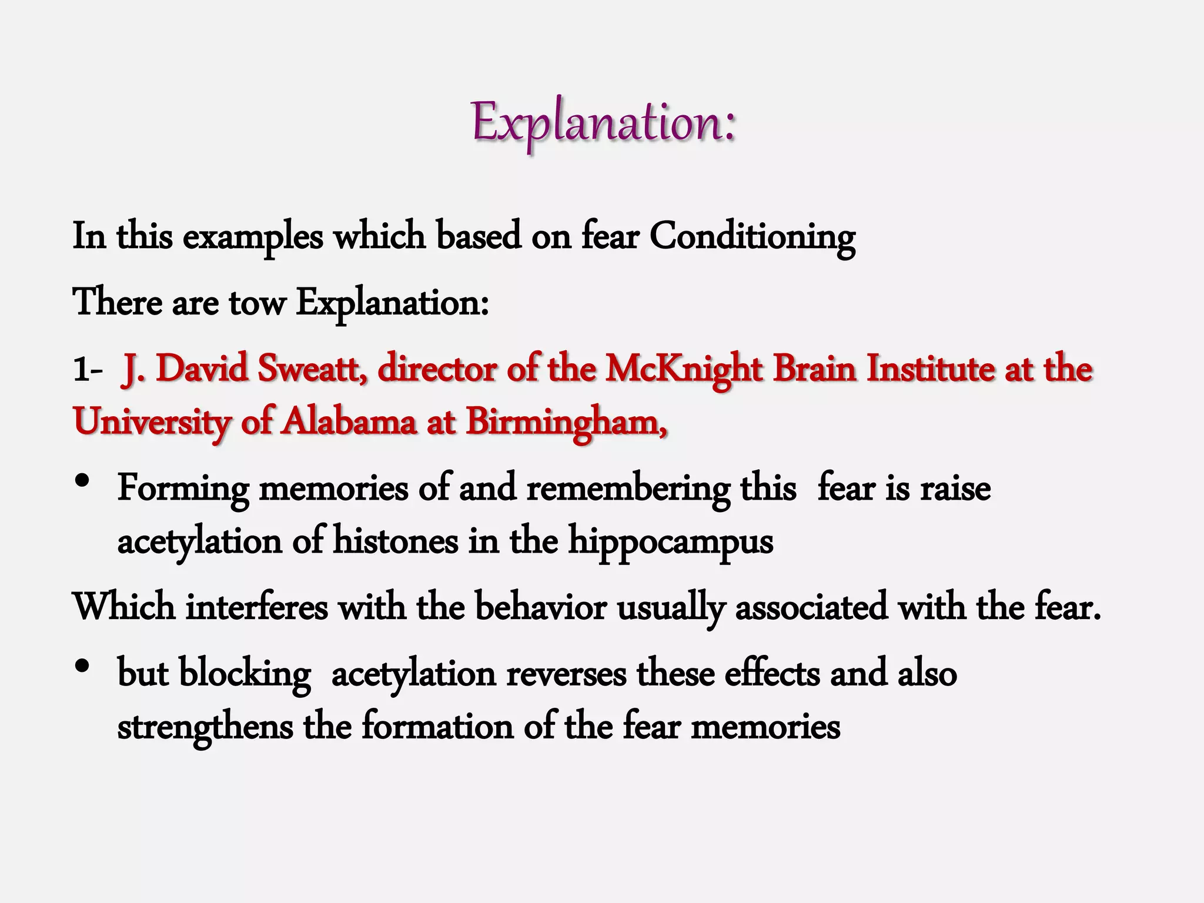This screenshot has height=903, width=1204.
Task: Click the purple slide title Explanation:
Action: (603, 123)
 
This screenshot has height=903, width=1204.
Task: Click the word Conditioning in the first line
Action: (752, 237)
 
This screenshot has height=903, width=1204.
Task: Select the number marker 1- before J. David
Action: (88, 371)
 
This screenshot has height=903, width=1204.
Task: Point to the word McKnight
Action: (683, 369)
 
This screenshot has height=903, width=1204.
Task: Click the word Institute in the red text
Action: (930, 369)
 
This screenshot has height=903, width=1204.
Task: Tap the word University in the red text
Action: (152, 422)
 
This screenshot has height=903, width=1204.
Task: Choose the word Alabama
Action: (348, 422)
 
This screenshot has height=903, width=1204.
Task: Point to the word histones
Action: (396, 541)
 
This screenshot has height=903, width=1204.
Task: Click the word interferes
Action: (257, 607)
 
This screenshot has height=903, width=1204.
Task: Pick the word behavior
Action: (541, 607)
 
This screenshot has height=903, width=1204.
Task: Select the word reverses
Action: (566, 674)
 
